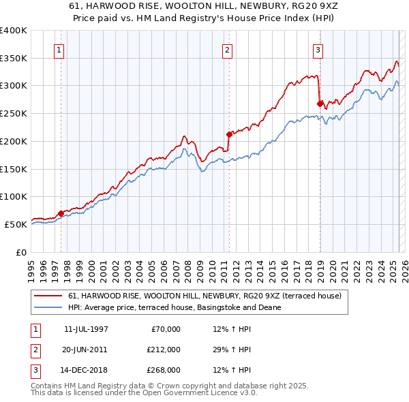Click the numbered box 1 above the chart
coord(59,49)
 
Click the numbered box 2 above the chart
coord(227,49)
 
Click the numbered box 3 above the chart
coord(318,49)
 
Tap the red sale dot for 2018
coord(320,104)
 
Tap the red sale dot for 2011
coord(230,134)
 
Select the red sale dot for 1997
coord(61,213)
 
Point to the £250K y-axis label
coord(13,113)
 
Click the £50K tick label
coord(16,224)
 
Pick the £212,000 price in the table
coord(163,350)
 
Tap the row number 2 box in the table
coord(34,350)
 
